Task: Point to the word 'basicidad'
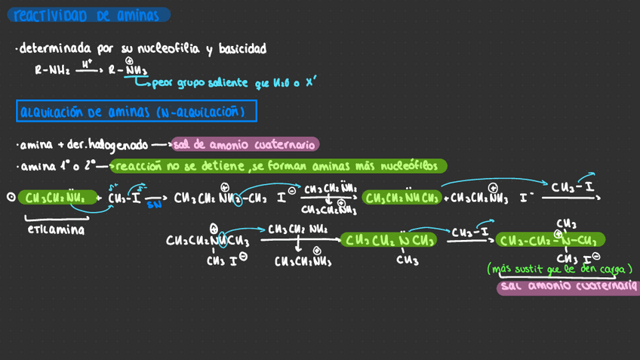pos(242,49)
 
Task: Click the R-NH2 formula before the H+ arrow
pos(52,71)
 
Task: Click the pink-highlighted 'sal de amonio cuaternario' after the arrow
pos(245,144)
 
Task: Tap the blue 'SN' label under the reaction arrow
pos(154,205)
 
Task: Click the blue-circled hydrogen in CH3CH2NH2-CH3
pos(236,199)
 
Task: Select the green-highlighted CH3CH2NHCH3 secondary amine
pos(402,198)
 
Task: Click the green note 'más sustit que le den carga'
pos(559,269)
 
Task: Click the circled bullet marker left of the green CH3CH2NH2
pos(11,197)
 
